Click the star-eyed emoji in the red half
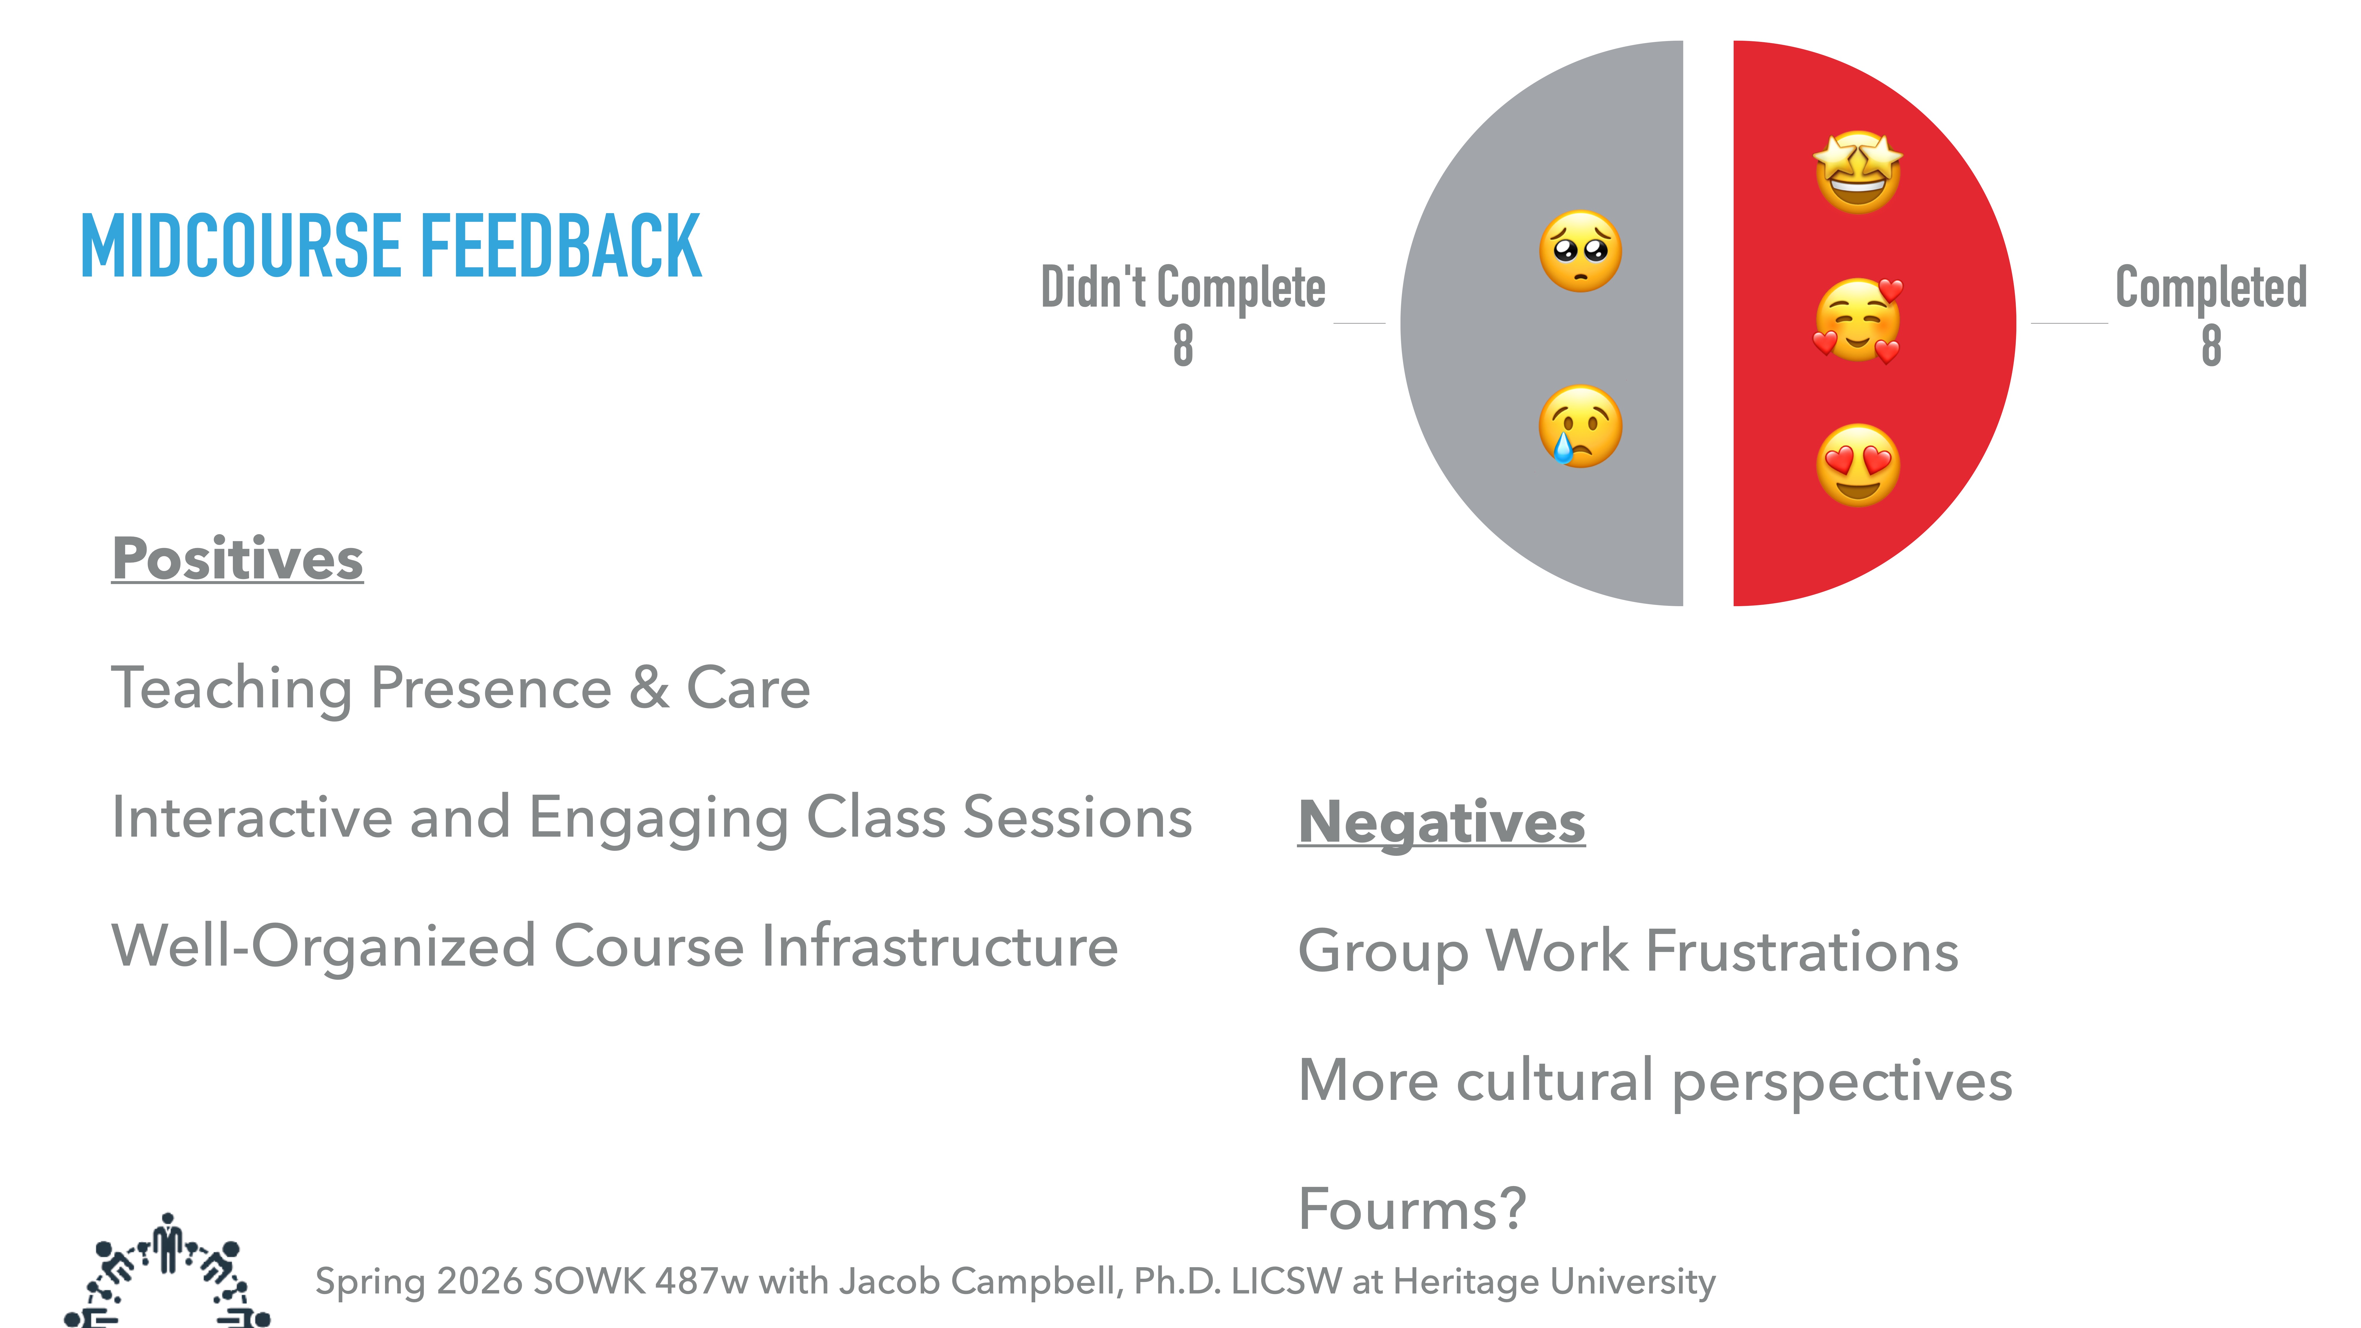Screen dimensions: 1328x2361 pyautogui.click(x=1857, y=172)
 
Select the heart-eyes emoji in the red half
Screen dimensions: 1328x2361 pyautogui.click(x=1857, y=466)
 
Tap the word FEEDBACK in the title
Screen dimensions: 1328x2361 pyautogui.click(x=561, y=246)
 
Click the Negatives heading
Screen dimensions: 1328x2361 pyautogui.click(x=1441, y=822)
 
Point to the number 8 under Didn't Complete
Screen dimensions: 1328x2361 pyautogui.click(x=1182, y=346)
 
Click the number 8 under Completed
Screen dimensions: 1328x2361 pyautogui.click(x=2211, y=346)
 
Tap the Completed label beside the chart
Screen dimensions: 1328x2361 pyautogui.click(x=2211, y=288)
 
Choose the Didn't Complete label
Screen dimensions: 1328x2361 pyautogui.click(x=1182, y=288)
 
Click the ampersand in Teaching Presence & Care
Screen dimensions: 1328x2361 pyautogui.click(x=649, y=688)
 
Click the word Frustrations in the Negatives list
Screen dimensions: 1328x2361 pyautogui.click(x=1802, y=951)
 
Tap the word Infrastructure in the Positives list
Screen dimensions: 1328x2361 pyautogui.click(x=940, y=947)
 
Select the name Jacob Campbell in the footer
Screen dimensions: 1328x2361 pyautogui.click(x=981, y=1281)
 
